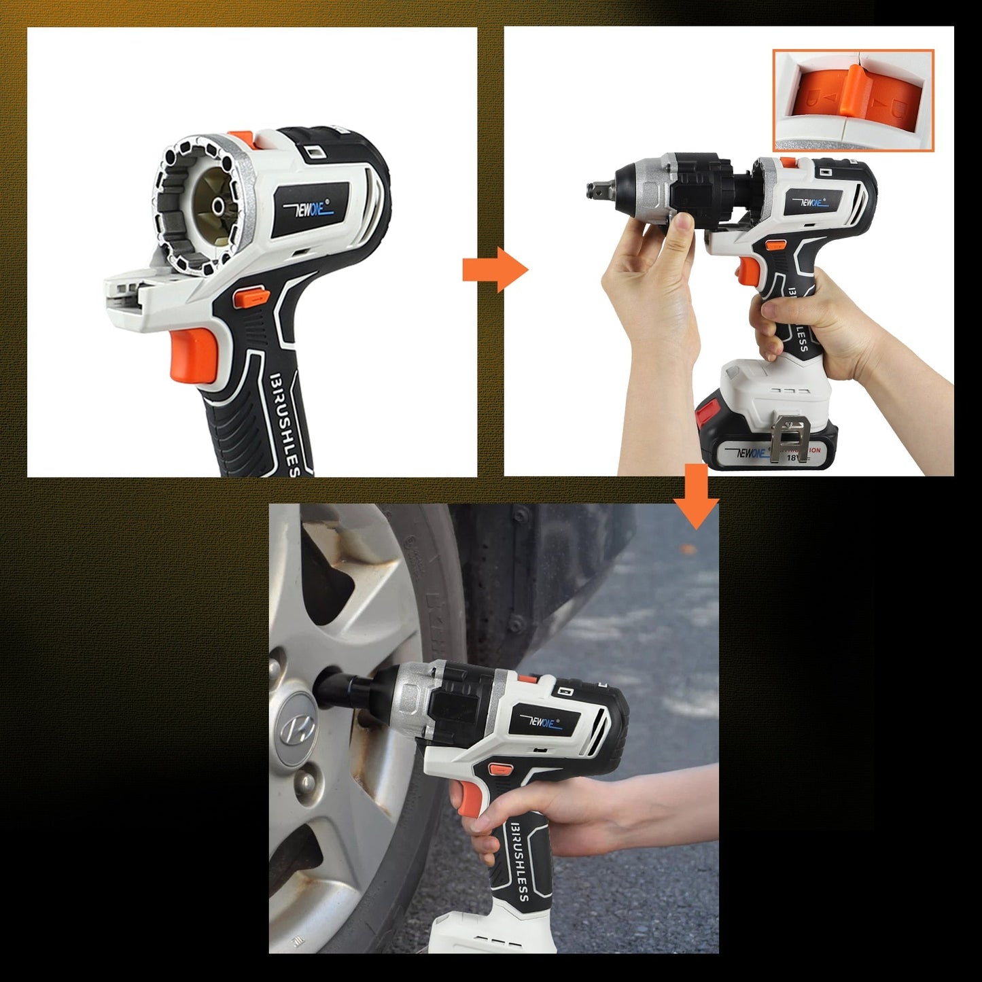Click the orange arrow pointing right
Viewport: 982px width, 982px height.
coord(494,270)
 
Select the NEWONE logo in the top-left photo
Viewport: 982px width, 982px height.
coord(312,209)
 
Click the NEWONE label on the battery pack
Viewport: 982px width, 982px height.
coord(750,453)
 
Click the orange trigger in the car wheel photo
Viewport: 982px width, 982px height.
coord(468,799)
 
